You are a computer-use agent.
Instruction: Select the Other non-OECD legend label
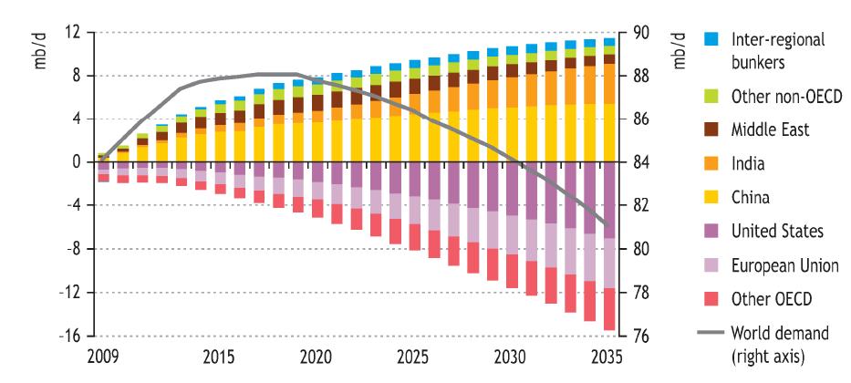pyautogui.click(x=781, y=96)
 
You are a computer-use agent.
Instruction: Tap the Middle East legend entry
pyautogui.click(x=769, y=129)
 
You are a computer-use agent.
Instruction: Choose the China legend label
pyautogui.click(x=751, y=198)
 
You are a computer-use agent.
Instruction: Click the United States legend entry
pyautogui.click(x=775, y=232)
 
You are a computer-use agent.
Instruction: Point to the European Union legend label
pyautogui.click(x=783, y=265)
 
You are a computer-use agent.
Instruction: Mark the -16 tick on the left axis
pyautogui.click(x=70, y=336)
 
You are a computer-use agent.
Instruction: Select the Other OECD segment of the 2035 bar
pyautogui.click(x=608, y=309)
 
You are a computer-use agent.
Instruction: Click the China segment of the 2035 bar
pyautogui.click(x=608, y=133)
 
